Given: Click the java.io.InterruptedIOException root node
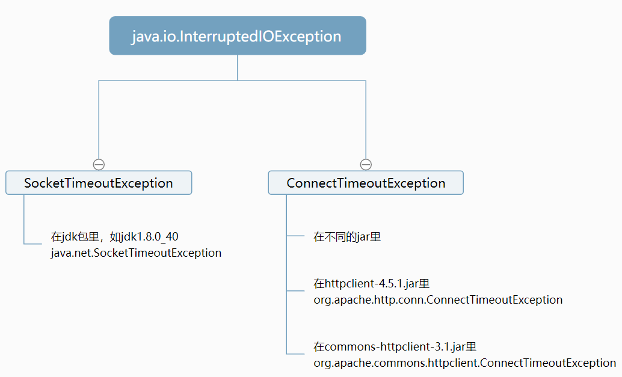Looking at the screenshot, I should [x=237, y=36].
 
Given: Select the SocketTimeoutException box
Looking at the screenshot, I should [x=99, y=183].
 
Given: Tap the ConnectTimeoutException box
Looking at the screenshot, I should [x=366, y=183].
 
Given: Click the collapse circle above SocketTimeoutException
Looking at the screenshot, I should [x=99, y=164].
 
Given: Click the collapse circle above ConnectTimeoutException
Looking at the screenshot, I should [x=366, y=164].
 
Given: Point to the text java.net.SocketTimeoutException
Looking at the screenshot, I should [x=136, y=253].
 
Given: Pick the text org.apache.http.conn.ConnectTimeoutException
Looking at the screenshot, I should [x=438, y=299].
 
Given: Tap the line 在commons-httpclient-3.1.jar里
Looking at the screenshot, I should [x=395, y=347].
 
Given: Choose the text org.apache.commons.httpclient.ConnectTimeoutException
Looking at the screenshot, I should [x=464, y=363].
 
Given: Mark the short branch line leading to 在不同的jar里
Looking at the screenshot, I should [x=295, y=236].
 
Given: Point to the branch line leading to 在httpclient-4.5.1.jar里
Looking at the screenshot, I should [x=295, y=291].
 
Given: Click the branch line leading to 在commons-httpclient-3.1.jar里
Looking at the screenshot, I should [x=295, y=354].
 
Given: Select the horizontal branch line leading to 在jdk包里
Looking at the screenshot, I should [x=32, y=244].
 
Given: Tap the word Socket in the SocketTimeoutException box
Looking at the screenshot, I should [x=42, y=183].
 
